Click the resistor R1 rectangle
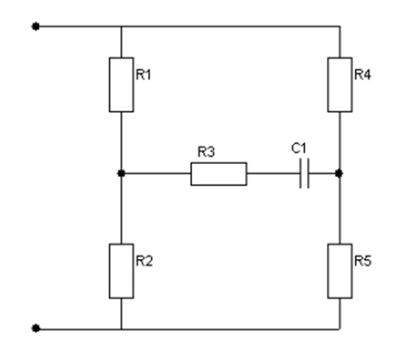tap(122, 84)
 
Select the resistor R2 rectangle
tap(122, 271)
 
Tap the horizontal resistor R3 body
tap(218, 174)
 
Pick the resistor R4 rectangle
tap(340, 84)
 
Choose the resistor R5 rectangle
tap(340, 271)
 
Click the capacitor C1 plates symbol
tap(304, 174)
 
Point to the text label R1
tap(143, 74)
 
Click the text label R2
tap(144, 261)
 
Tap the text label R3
tap(206, 151)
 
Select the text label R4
tap(362, 74)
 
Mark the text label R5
tap(363, 261)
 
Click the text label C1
tap(299, 148)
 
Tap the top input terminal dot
tap(36, 26)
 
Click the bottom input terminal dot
tap(36, 329)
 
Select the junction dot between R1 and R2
tap(122, 174)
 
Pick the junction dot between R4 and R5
tap(339, 174)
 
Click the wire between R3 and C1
tap(273, 174)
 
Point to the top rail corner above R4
tap(340, 26)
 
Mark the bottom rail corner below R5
tap(340, 329)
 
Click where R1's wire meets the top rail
tap(122, 26)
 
